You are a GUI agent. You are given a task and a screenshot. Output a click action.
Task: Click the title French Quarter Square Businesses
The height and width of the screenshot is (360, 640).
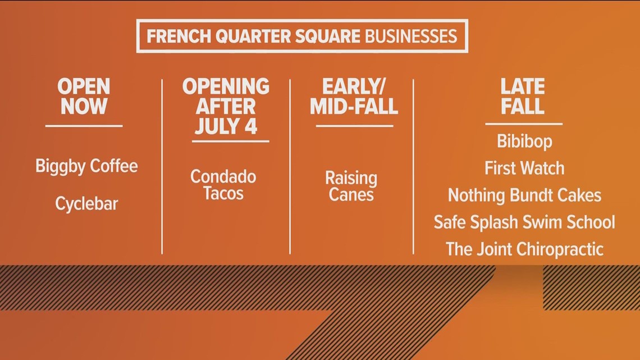(x=301, y=37)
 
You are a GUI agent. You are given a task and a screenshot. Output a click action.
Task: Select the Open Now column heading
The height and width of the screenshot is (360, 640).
(x=84, y=97)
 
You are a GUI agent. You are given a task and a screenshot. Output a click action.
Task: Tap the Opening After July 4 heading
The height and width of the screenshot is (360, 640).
(x=226, y=106)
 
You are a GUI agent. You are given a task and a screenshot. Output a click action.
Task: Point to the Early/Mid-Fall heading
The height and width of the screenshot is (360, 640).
(x=354, y=97)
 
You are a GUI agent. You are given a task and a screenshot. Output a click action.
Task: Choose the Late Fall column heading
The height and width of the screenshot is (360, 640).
(x=523, y=97)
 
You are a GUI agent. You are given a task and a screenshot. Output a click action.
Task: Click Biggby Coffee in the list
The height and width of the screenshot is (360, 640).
(x=86, y=166)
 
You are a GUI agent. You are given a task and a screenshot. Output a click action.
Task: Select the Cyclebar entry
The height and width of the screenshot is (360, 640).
(x=86, y=203)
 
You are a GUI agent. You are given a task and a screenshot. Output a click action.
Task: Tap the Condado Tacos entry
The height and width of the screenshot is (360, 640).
(x=223, y=185)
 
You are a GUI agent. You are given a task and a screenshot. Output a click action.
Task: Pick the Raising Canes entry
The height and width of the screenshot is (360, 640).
(x=351, y=186)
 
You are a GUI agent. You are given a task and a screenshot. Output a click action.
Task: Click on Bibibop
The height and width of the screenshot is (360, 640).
(x=524, y=141)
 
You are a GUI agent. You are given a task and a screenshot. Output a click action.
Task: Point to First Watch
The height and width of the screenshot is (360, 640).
(x=524, y=168)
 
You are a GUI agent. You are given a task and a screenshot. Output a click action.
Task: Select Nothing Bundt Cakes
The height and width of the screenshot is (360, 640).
(x=524, y=195)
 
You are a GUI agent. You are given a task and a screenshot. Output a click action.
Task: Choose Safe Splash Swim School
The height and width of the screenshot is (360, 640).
(x=524, y=222)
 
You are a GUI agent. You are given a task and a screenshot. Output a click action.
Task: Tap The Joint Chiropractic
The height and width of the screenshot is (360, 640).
(x=524, y=249)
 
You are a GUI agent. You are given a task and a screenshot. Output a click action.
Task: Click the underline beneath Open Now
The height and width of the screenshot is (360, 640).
(x=84, y=126)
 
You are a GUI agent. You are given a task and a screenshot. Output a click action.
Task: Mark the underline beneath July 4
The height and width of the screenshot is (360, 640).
(x=230, y=141)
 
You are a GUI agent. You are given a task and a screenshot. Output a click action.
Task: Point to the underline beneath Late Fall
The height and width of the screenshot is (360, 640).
(x=523, y=124)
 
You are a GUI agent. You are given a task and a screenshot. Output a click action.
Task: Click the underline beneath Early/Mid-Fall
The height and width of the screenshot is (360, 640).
(x=354, y=126)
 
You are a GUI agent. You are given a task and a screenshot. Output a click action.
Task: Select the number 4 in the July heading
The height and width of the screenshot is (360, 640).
(x=250, y=125)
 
